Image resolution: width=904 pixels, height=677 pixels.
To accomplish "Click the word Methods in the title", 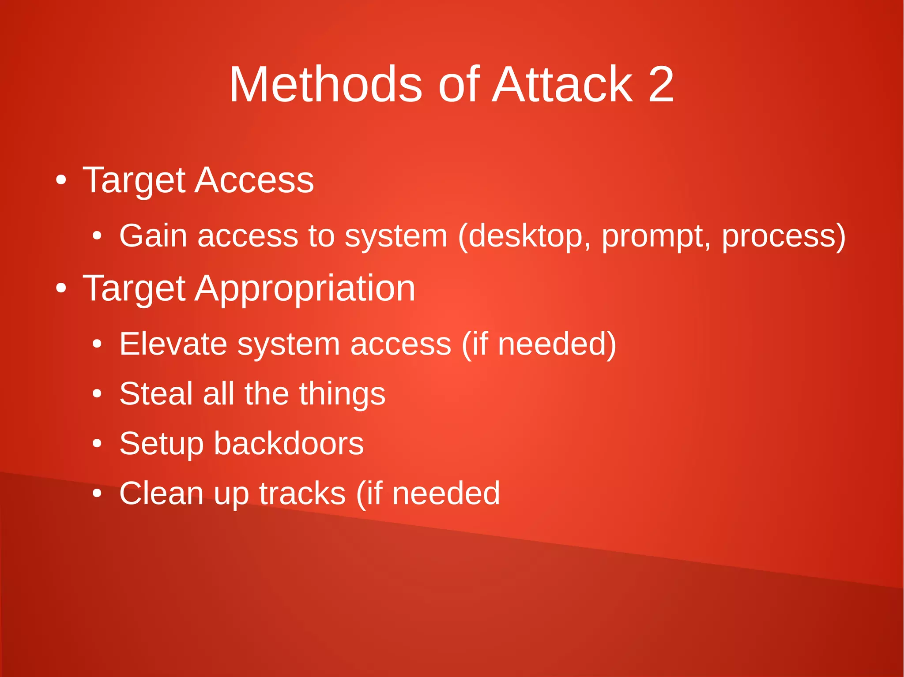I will tap(325, 84).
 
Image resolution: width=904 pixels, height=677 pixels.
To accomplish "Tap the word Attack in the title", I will tap(563, 84).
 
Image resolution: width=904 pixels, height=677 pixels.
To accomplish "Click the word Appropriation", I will tap(305, 289).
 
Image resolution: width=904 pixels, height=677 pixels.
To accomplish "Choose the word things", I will tap(342, 394).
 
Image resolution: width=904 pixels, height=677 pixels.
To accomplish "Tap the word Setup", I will tap(162, 444).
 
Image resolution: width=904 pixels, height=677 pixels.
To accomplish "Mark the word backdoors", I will tap(289, 443).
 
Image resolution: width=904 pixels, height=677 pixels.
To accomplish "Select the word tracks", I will tap(302, 493).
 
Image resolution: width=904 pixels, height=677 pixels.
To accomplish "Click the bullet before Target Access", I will tap(61, 180).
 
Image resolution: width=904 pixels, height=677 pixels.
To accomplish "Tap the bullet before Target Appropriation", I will tap(61, 288).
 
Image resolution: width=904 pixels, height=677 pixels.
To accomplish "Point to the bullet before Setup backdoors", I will tap(97, 444).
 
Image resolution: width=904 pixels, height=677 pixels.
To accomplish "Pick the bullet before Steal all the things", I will tap(97, 394).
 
